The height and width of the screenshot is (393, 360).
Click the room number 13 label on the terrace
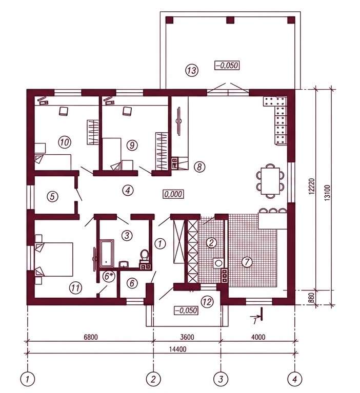(192, 70)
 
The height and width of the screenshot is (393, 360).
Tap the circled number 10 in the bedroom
(65, 142)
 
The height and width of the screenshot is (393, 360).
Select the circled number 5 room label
(52, 196)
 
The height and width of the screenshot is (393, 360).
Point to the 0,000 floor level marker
(173, 194)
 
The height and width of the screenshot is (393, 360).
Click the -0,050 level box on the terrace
(227, 66)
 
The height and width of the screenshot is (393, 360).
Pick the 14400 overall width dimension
(177, 349)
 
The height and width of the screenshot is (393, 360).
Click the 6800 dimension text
(91, 337)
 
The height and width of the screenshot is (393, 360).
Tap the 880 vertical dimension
(313, 298)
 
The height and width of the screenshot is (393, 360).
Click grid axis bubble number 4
(295, 379)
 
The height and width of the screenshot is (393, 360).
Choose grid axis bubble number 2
(153, 379)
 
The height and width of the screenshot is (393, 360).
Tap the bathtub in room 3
(107, 254)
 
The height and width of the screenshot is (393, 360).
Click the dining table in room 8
(270, 181)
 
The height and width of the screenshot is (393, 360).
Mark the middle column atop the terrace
(230, 20)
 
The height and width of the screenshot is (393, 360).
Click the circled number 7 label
(247, 262)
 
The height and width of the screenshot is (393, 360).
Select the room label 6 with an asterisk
(108, 277)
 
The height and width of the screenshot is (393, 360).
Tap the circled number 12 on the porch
(207, 302)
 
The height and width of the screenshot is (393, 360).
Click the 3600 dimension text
(187, 337)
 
